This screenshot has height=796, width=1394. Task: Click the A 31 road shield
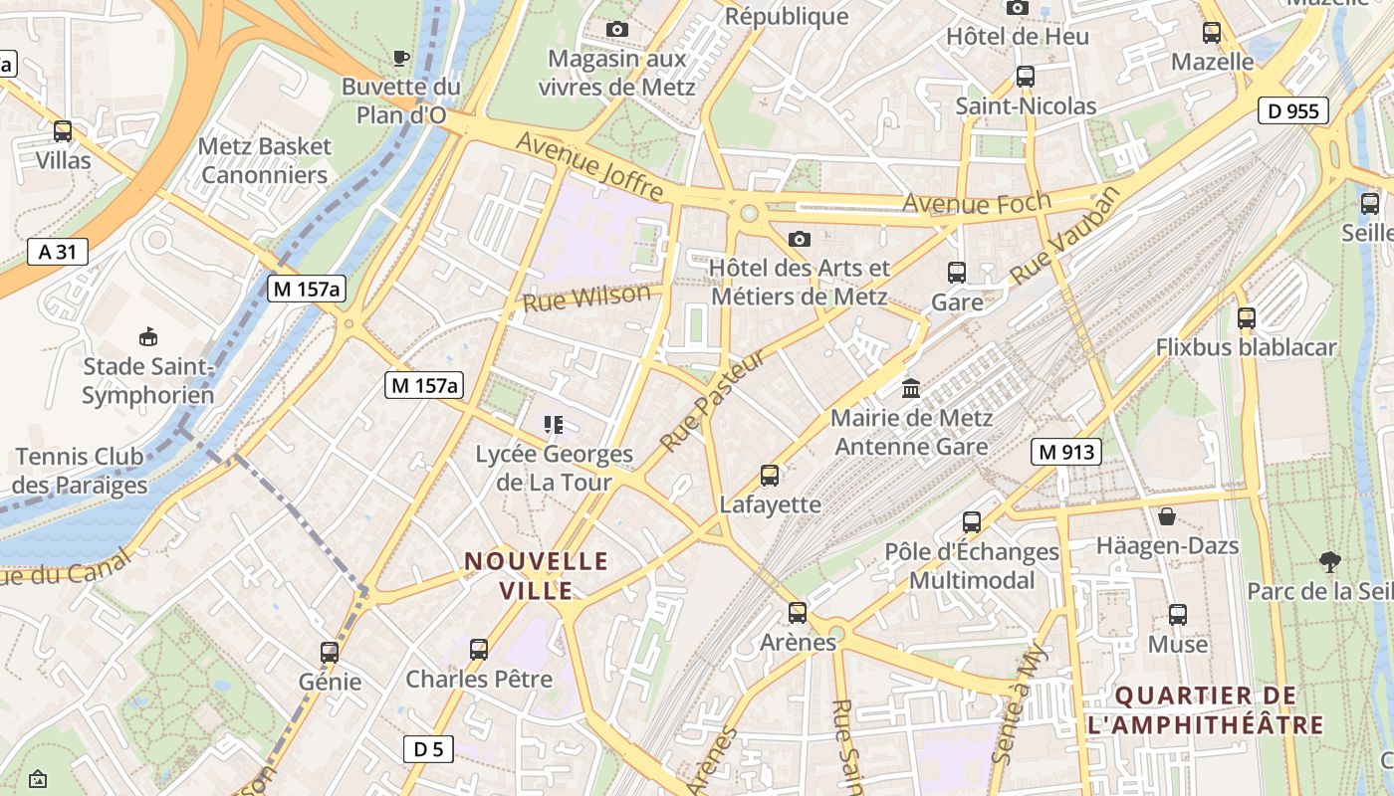[x=58, y=252]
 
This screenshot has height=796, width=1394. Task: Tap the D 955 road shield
[x=1293, y=110]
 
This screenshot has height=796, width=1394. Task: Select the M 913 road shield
[x=1065, y=452]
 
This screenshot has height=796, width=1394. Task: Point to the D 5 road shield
[x=428, y=749]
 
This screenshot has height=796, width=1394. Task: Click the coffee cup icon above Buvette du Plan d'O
[x=401, y=59]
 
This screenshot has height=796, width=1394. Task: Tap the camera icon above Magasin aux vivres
[x=617, y=30]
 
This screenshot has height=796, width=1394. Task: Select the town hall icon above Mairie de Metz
[x=911, y=388]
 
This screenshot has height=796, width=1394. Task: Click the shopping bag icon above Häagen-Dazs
[x=1167, y=516]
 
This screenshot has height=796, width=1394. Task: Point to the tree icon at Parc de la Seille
[x=1329, y=561]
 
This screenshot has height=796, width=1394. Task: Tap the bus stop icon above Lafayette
[x=770, y=475]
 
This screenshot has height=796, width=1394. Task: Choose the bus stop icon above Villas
[x=63, y=130]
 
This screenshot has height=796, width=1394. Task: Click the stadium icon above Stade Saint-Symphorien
[x=148, y=336]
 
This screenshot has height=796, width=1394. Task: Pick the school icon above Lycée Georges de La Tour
[x=555, y=425]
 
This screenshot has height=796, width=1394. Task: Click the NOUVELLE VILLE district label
[x=537, y=576]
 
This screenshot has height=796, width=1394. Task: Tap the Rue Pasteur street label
[x=713, y=401]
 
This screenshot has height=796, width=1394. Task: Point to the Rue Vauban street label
[x=1065, y=235]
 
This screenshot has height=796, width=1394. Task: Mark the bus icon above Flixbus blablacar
[x=1246, y=318]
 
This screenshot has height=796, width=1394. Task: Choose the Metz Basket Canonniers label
[x=264, y=161]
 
